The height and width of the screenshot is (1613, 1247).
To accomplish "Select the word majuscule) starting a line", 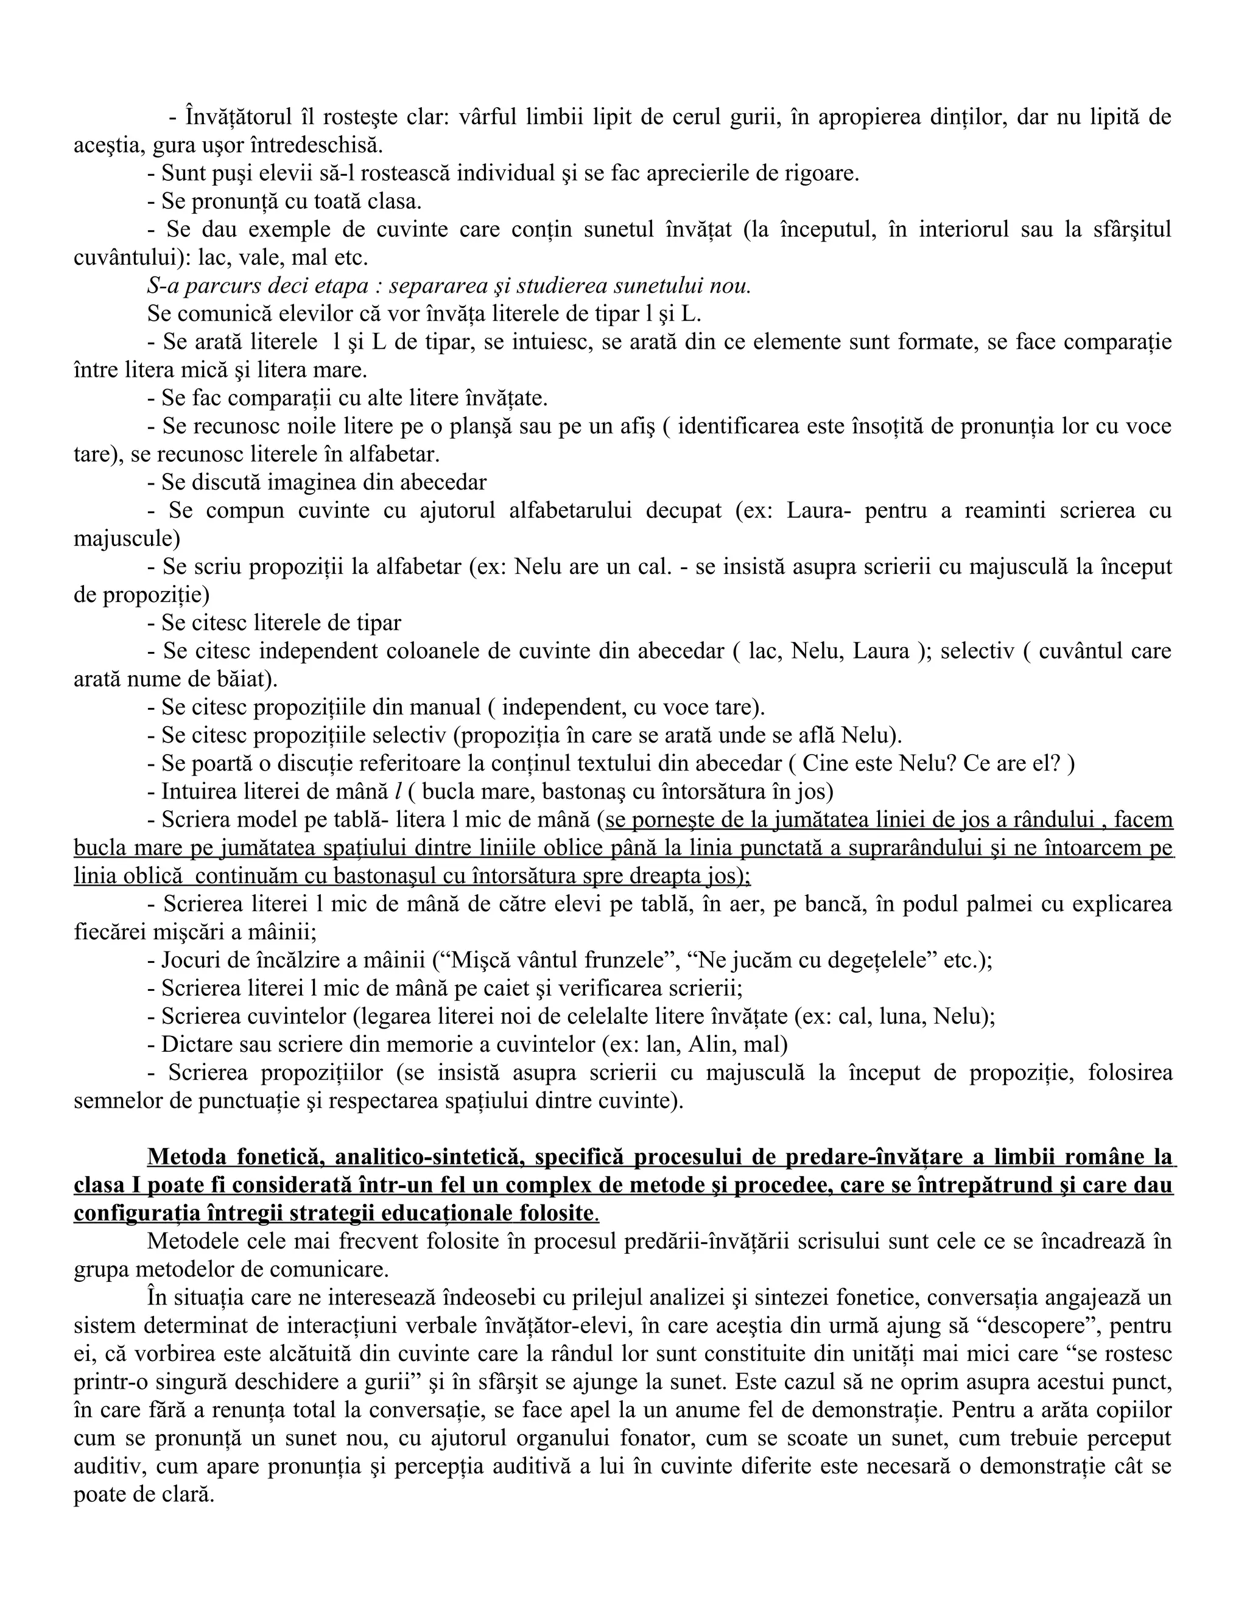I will (x=126, y=539).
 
